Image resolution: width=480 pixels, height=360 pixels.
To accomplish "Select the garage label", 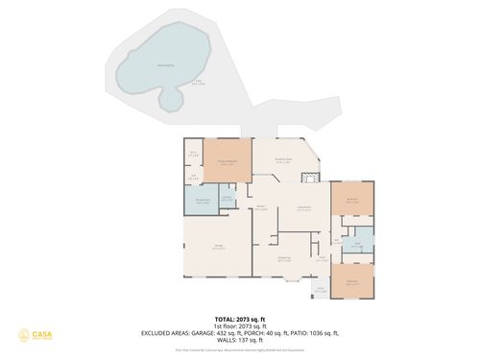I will [x=219, y=248].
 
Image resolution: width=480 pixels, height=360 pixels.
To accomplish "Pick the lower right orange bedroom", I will [x=352, y=281].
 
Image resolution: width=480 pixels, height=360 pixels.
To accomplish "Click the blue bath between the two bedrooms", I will [x=357, y=243].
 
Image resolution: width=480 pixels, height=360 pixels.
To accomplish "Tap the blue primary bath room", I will [x=203, y=203].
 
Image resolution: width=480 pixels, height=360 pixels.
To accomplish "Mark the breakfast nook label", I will [x=283, y=161].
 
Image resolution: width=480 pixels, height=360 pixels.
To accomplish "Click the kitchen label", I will [x=261, y=207].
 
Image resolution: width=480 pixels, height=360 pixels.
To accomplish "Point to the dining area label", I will [x=285, y=257].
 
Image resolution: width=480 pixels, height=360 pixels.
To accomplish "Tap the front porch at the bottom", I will [x=321, y=290].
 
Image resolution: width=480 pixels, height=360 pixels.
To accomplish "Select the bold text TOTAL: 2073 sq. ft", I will [x=239, y=317].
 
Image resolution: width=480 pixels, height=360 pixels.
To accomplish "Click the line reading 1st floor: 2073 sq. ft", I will [x=239, y=325].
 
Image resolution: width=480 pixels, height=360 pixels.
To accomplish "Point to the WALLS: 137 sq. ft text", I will [x=239, y=341].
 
